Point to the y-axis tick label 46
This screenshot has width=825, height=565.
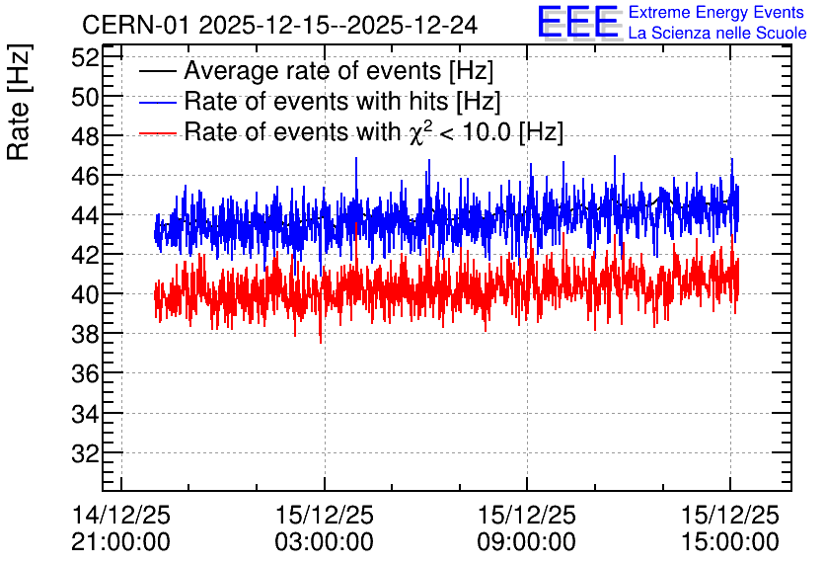pos(85,176)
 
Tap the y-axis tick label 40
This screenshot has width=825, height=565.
pos(85,293)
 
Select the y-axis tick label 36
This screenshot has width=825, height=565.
pos(85,373)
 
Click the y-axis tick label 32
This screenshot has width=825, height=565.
pos(85,452)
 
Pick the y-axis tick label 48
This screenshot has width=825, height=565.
pos(85,136)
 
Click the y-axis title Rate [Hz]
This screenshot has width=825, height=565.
pos(19,102)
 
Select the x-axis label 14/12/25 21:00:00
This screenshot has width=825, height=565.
pos(121,528)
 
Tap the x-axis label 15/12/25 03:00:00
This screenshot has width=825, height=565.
pos(324,528)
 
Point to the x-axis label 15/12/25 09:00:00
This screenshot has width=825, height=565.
pos(527,528)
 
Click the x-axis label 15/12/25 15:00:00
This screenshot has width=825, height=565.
pos(729,528)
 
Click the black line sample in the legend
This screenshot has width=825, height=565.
pos(157,71)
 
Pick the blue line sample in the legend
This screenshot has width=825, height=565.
pos(157,102)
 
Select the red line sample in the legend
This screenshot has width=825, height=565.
pos(157,132)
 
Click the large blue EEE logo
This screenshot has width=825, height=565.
pos(578,22)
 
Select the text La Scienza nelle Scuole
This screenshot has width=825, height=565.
pos(717,33)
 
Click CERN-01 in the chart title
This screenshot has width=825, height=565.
pos(135,25)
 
